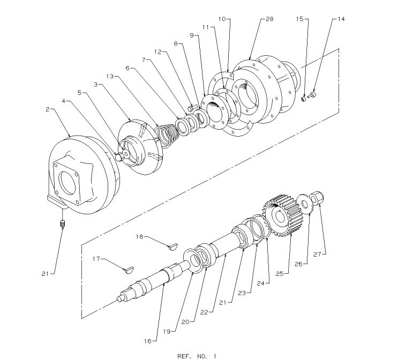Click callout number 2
48,109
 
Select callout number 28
269,19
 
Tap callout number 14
341,19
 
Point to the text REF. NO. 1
197,355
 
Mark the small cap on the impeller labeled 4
119,156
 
